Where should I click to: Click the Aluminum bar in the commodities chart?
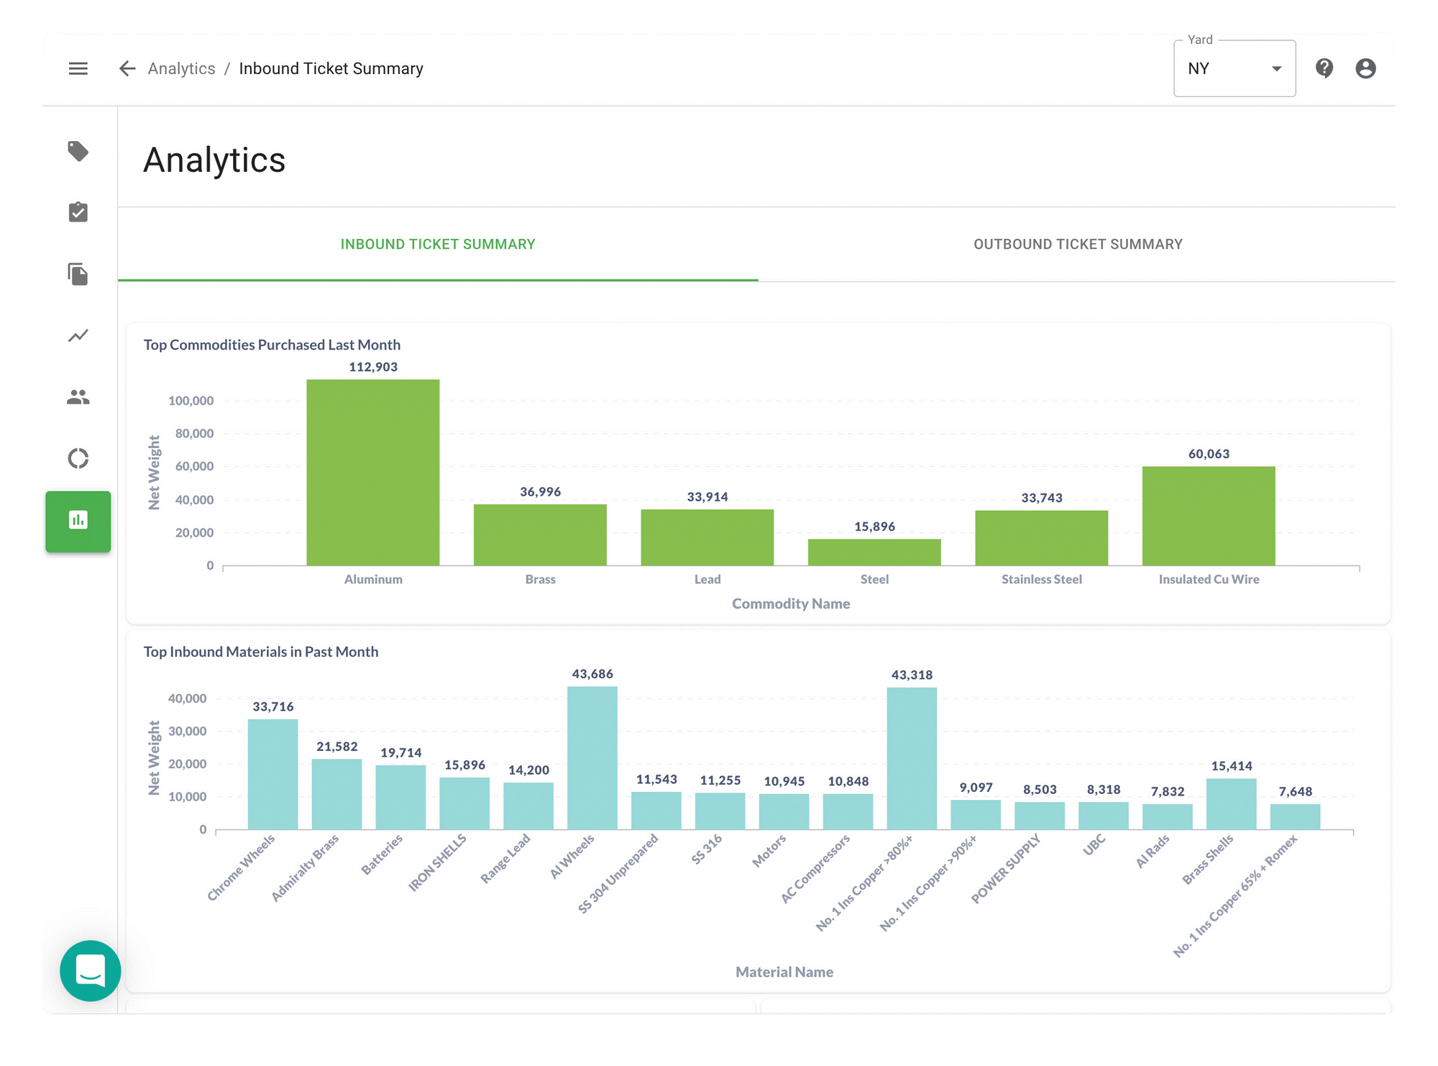point(372,473)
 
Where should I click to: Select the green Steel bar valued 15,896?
point(874,552)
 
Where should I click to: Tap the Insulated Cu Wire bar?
point(1209,516)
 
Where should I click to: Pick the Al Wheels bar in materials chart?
point(592,758)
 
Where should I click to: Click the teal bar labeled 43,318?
point(912,759)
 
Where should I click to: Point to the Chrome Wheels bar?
point(273,775)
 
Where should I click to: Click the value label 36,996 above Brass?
point(540,492)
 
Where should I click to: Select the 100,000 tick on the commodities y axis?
point(191,401)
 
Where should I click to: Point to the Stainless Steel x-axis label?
point(1041,579)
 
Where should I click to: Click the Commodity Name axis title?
point(791,603)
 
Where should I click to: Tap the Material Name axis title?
point(784,972)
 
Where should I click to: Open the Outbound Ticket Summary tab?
point(1078,245)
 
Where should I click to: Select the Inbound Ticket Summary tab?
point(438,245)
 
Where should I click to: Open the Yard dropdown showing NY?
point(1235,68)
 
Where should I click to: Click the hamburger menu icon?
point(78,68)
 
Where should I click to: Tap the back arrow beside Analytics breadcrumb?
point(127,68)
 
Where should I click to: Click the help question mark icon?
point(1324,68)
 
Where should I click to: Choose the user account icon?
point(1365,68)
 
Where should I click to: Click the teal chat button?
point(91,970)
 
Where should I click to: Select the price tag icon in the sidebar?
point(78,151)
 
